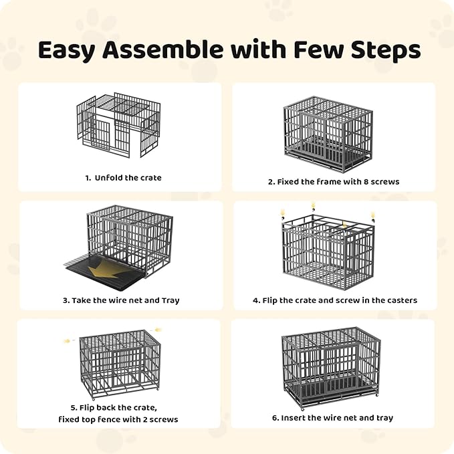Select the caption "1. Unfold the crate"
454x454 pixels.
pos(123,178)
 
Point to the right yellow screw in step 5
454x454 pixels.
pos(159,329)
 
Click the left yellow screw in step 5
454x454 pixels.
pos(68,341)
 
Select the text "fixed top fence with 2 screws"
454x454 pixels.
pos(118,419)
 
